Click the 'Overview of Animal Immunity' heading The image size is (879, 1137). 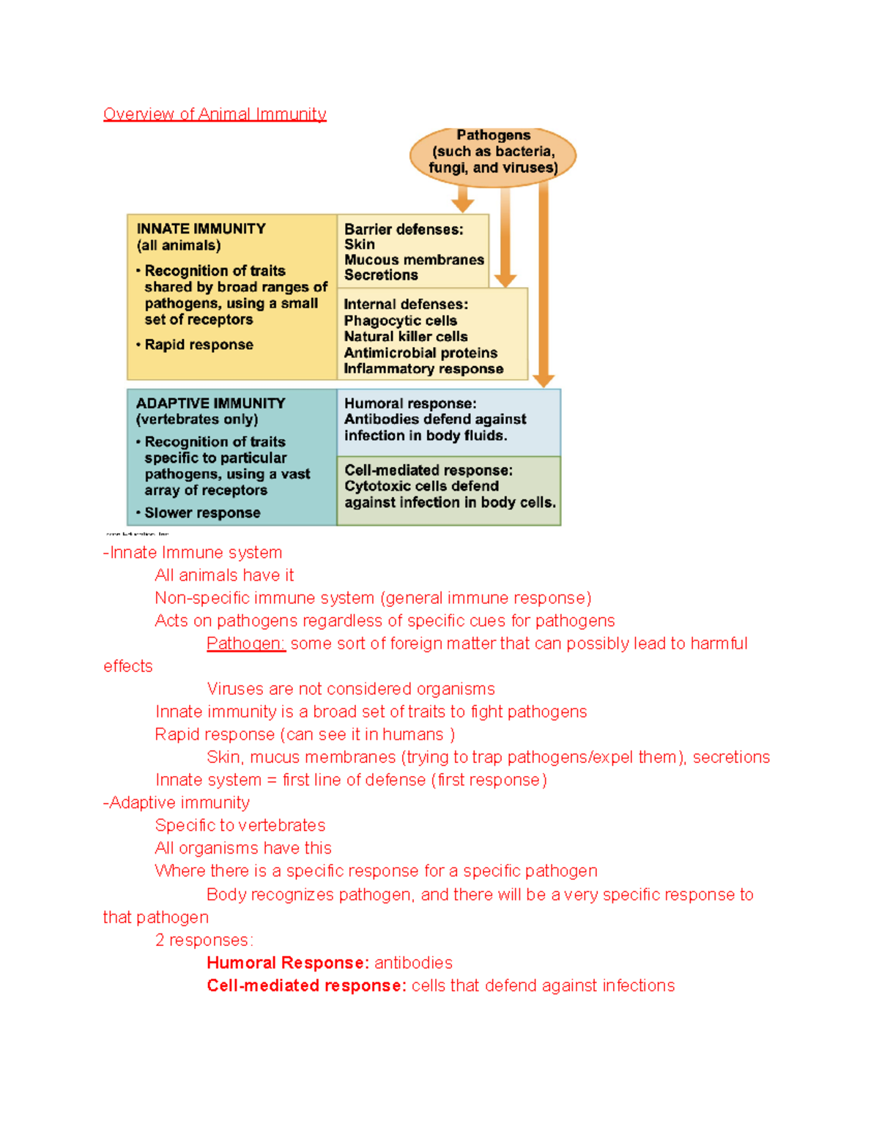pos(215,114)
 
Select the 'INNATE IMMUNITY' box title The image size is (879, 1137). pos(201,229)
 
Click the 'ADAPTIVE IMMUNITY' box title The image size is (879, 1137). pos(210,403)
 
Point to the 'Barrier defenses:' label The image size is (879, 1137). pos(404,229)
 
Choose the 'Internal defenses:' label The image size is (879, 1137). pos(406,305)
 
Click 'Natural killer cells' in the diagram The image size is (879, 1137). pos(406,337)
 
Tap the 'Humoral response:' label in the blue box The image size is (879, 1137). pos(410,403)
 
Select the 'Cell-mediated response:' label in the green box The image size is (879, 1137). pos(429,470)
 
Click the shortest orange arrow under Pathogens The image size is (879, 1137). pos(462,198)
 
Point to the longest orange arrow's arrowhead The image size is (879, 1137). pos(544,380)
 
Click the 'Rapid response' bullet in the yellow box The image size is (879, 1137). pos(199,345)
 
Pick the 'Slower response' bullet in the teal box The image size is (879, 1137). pos(202,513)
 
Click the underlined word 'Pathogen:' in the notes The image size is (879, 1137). pos(245,644)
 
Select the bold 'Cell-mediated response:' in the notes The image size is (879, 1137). pos(306,985)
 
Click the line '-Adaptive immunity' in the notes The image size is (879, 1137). pos(177,803)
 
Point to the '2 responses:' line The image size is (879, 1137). pos(204,940)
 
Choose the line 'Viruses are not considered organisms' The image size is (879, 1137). pos(351,689)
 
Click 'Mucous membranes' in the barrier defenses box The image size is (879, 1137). pos(414,260)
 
